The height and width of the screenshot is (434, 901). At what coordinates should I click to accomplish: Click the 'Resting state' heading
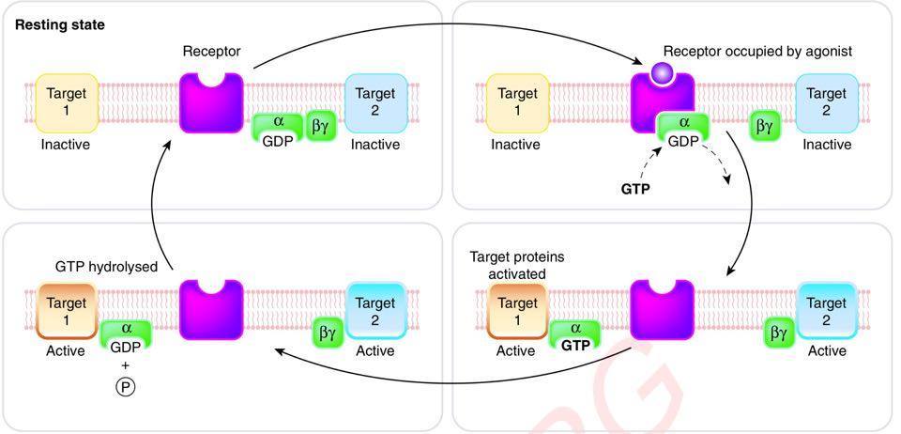click(60, 25)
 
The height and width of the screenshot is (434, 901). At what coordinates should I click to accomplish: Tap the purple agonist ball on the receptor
click(662, 71)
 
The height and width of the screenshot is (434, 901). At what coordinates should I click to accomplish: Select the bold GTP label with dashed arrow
click(635, 188)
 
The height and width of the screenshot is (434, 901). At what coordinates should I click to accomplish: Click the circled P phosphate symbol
click(125, 385)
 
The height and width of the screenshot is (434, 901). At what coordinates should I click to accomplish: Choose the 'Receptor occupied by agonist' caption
click(757, 51)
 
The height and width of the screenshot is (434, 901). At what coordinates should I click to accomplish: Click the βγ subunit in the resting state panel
click(320, 124)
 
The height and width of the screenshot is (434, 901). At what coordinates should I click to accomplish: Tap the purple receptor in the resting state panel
click(211, 103)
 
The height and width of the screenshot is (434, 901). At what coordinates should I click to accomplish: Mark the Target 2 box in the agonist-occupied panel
click(826, 102)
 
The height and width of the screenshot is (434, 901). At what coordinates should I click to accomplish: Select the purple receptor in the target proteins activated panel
click(662, 311)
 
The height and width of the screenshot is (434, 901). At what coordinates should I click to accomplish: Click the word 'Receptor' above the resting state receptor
click(211, 50)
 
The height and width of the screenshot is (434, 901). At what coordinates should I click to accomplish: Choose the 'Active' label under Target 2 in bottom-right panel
click(826, 351)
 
